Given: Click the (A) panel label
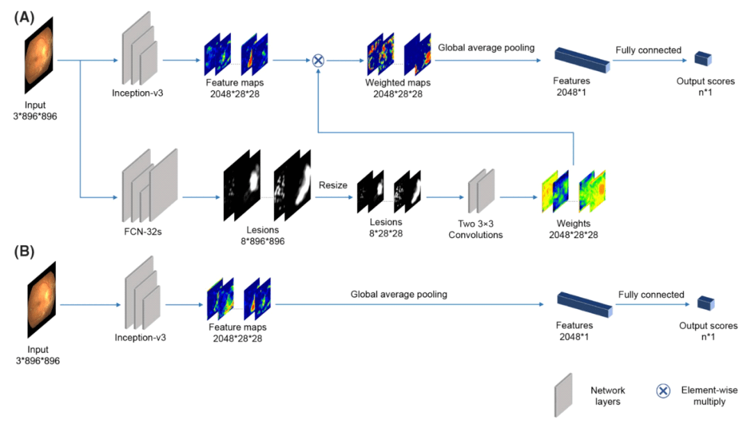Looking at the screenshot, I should coord(22,15).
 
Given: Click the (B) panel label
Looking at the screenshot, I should coord(22,252).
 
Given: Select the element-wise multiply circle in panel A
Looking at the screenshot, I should coord(318,61).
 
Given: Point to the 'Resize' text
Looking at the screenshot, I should coord(332,185).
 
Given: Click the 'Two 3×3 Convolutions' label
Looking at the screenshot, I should coord(475,229).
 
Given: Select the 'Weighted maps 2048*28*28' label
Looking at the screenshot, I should coord(394,88).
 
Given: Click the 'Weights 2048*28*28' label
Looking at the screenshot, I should coord(570,229).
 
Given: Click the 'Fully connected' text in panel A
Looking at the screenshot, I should coord(648,50).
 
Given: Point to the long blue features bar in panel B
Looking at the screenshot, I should coord(584,304).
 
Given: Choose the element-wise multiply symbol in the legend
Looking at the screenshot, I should coord(663,391).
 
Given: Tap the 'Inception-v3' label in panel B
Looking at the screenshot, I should coord(140,338).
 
